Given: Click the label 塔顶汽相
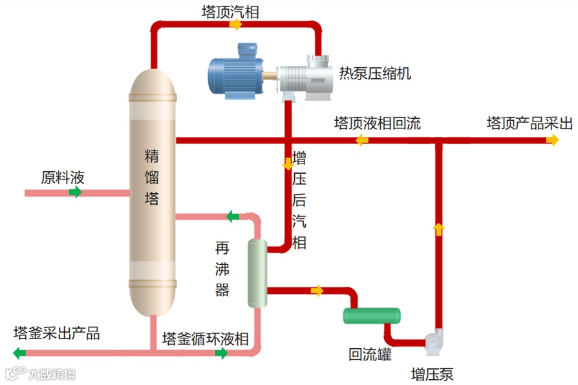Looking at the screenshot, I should (x=230, y=11).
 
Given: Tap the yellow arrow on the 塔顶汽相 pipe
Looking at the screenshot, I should (x=236, y=25).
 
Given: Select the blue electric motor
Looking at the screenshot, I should (x=237, y=72).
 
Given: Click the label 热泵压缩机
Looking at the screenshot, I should (x=375, y=72).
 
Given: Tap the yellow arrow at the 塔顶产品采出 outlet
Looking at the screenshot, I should (x=552, y=140).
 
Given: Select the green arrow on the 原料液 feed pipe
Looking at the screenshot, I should (x=76, y=192).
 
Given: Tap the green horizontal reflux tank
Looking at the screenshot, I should (x=371, y=315).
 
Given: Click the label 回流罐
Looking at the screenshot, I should (x=370, y=354).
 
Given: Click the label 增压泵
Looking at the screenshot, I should (x=433, y=373).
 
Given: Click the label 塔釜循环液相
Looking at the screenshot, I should (x=205, y=338).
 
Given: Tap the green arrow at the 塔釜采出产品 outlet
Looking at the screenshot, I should (x=19, y=353).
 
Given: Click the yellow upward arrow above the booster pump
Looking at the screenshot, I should (x=438, y=227).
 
